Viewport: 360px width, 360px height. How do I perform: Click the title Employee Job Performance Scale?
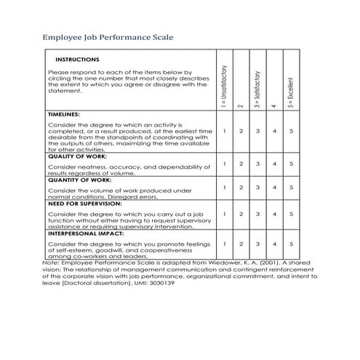pyautogui.click(x=108, y=36)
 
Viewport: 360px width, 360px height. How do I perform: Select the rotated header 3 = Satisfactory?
pyautogui.click(x=257, y=87)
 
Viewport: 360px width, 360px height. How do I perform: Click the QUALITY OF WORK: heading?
pyautogui.click(x=77, y=156)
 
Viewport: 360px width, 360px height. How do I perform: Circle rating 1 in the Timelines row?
pyautogui.click(x=225, y=132)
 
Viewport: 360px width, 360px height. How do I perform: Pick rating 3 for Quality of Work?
pyautogui.click(x=257, y=164)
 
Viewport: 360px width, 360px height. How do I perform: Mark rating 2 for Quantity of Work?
pyautogui.click(x=241, y=188)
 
